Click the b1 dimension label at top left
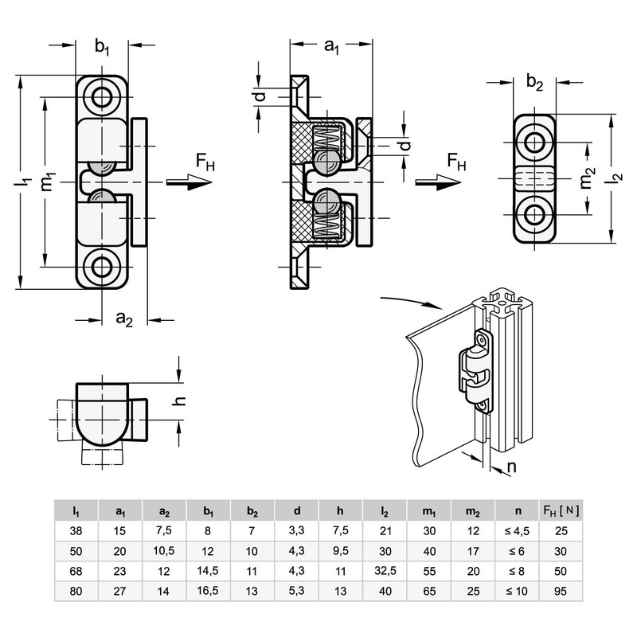(x=102, y=47)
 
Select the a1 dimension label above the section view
(x=331, y=47)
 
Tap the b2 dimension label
(x=534, y=83)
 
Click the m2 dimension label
(x=588, y=178)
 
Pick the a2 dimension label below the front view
(x=124, y=319)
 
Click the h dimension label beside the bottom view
(x=178, y=401)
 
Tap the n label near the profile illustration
(x=512, y=467)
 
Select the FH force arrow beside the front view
(x=190, y=182)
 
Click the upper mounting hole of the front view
(x=102, y=97)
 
